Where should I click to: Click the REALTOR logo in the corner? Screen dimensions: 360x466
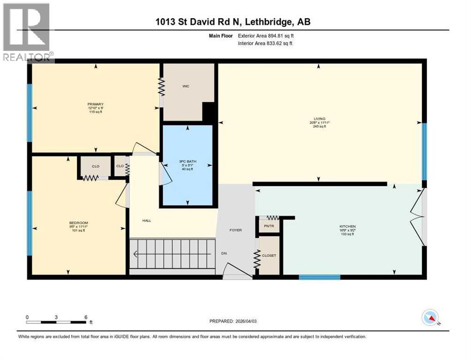click(x=27, y=31)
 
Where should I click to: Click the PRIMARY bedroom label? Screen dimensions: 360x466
click(x=95, y=104)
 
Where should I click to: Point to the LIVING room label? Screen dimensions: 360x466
click(x=321, y=119)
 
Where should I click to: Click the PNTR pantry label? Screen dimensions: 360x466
click(x=269, y=226)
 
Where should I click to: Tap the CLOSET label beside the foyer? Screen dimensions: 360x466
click(x=269, y=255)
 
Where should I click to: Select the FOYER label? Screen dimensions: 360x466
click(x=235, y=230)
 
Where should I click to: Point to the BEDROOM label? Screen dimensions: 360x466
click(x=79, y=222)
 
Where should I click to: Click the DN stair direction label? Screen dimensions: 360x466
click(x=225, y=254)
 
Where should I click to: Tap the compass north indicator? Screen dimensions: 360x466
click(x=430, y=318)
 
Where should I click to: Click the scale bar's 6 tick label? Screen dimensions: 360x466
click(x=85, y=317)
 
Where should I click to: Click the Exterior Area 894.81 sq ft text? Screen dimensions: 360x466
click(x=266, y=35)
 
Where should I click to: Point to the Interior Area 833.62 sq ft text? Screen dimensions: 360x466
click(x=266, y=44)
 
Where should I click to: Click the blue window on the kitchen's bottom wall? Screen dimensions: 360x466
click(x=319, y=277)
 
